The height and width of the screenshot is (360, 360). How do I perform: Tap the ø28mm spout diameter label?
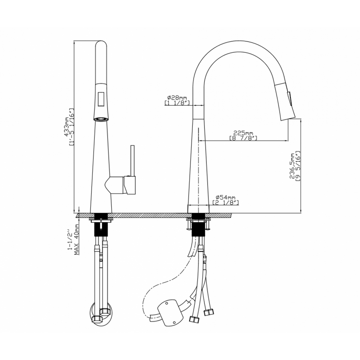point(177,98)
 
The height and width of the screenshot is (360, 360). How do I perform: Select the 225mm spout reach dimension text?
point(243,133)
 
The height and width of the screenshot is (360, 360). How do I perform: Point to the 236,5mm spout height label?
point(292,166)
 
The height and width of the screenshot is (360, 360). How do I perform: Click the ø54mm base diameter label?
point(225,197)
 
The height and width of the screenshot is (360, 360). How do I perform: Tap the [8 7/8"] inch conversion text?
point(243,138)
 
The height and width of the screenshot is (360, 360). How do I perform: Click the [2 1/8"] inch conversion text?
point(226,202)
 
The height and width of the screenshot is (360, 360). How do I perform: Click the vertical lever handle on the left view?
point(132,161)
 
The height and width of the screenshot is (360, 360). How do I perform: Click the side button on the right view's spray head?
point(291,99)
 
